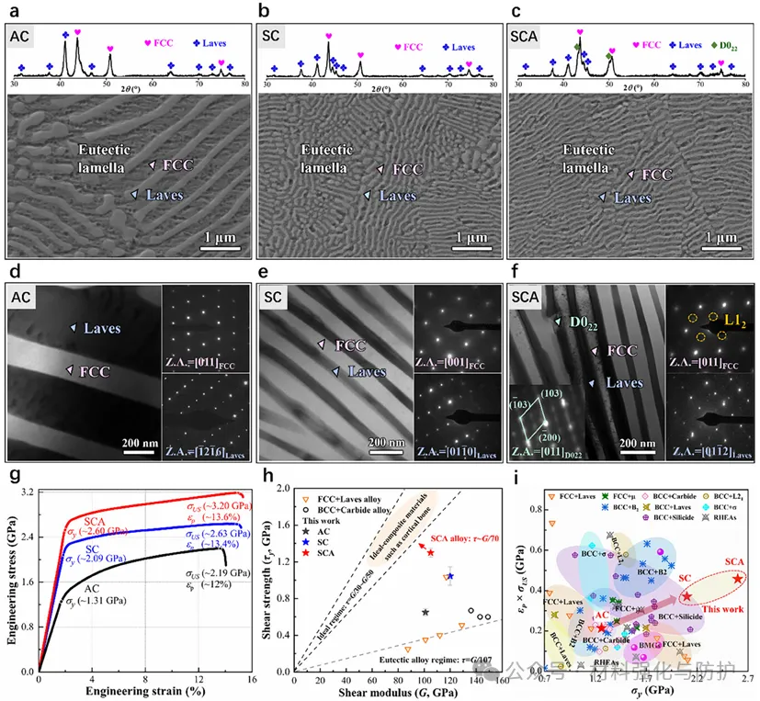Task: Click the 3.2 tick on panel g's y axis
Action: pos(28,493)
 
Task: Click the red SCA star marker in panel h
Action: pos(430,552)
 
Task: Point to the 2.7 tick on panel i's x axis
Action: pos(746,678)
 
